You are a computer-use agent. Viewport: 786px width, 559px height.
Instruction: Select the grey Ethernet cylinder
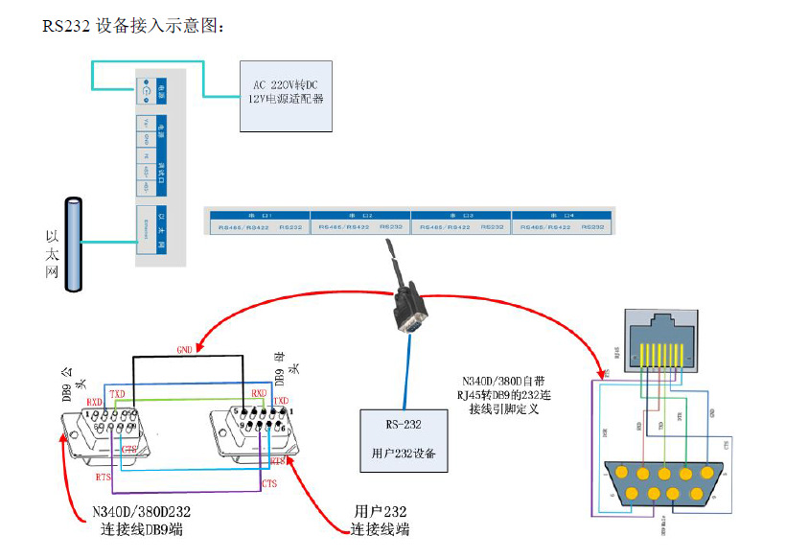[x=73, y=245]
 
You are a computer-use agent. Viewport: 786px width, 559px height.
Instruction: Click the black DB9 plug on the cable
[x=410, y=306]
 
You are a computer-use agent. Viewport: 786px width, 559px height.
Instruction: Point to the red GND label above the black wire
[x=185, y=348]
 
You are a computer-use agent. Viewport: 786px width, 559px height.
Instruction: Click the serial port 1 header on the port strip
[x=259, y=214]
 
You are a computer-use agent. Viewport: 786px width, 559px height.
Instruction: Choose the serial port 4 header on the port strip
[x=561, y=214]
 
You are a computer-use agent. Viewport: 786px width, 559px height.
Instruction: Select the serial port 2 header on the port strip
[x=359, y=214]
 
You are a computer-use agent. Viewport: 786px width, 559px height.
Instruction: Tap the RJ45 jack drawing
[x=660, y=339]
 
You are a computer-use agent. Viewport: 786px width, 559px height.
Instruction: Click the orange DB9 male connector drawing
[x=661, y=483]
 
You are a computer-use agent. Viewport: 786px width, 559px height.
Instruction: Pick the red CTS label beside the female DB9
[x=268, y=483]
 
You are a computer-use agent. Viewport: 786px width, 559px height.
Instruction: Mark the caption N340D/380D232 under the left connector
[x=143, y=521]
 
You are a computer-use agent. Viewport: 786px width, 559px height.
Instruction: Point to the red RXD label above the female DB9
[x=259, y=393]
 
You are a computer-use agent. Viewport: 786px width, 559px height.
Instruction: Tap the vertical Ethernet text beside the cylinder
[x=53, y=253]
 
